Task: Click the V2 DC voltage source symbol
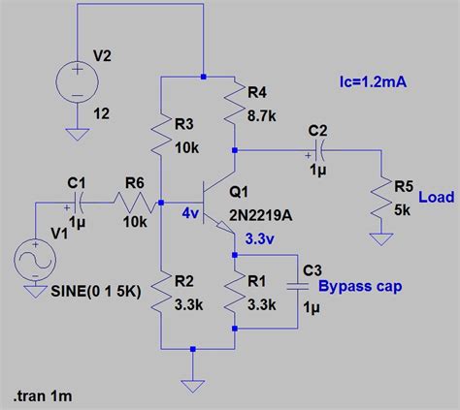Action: pyautogui.click(x=77, y=82)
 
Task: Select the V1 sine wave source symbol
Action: pyautogui.click(x=35, y=260)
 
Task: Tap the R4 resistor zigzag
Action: pyautogui.click(x=234, y=104)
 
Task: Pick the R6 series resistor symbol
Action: pyautogui.click(x=135, y=203)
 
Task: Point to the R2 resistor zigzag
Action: pyautogui.click(x=161, y=292)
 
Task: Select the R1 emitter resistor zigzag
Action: pyautogui.click(x=234, y=292)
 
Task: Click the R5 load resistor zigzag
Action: pyautogui.click(x=381, y=198)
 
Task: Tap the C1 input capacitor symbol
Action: pyautogui.click(x=77, y=203)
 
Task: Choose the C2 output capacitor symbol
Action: pyautogui.click(x=319, y=150)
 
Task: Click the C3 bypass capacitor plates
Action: pyautogui.click(x=298, y=286)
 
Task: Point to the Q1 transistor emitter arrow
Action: pyautogui.click(x=224, y=226)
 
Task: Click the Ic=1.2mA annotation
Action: pyautogui.click(x=373, y=82)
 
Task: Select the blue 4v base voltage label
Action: pyautogui.click(x=190, y=213)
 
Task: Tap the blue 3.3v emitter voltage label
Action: pyautogui.click(x=260, y=239)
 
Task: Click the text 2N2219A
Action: pyautogui.click(x=261, y=215)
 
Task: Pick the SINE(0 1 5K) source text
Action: pyautogui.click(x=96, y=292)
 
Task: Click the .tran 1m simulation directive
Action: pyautogui.click(x=43, y=395)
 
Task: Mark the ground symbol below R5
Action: pyautogui.click(x=381, y=239)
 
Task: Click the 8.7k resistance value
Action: pyautogui.click(x=262, y=115)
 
